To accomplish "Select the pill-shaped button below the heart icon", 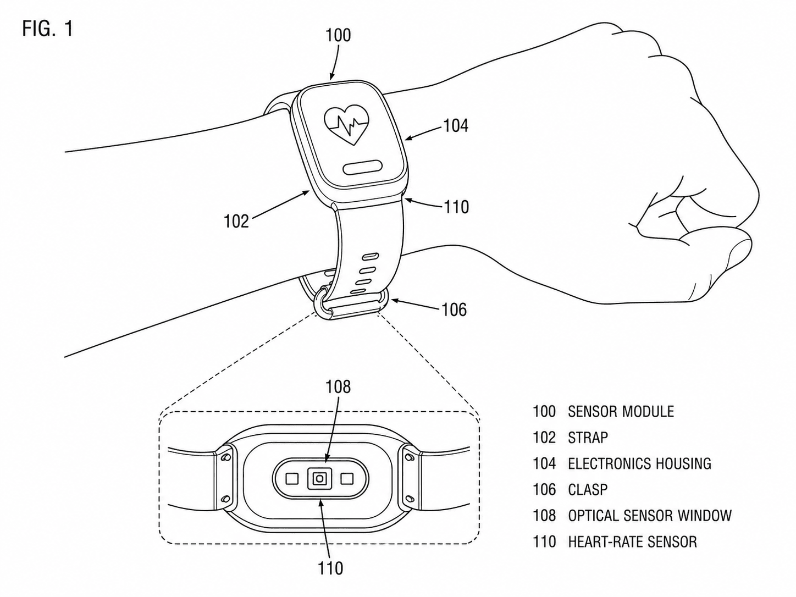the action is click(363, 168).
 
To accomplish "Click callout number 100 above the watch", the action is click(338, 36).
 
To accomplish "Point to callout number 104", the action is click(456, 126).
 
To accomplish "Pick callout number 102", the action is click(236, 221).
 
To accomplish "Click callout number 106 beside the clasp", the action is click(454, 310).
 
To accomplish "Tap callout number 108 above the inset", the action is click(338, 387).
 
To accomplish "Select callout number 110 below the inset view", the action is click(330, 568).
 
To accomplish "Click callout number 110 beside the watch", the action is click(456, 207).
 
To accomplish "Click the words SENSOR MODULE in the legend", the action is click(621, 411).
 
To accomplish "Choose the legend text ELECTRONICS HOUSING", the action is click(640, 463).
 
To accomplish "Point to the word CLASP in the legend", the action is click(588, 490).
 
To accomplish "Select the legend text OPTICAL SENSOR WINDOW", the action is click(650, 516).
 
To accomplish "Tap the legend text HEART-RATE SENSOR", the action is click(632, 541).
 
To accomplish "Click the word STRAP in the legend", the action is click(588, 438).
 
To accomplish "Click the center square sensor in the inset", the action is click(319, 479).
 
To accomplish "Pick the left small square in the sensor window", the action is click(292, 479).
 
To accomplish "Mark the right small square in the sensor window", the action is click(347, 479).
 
